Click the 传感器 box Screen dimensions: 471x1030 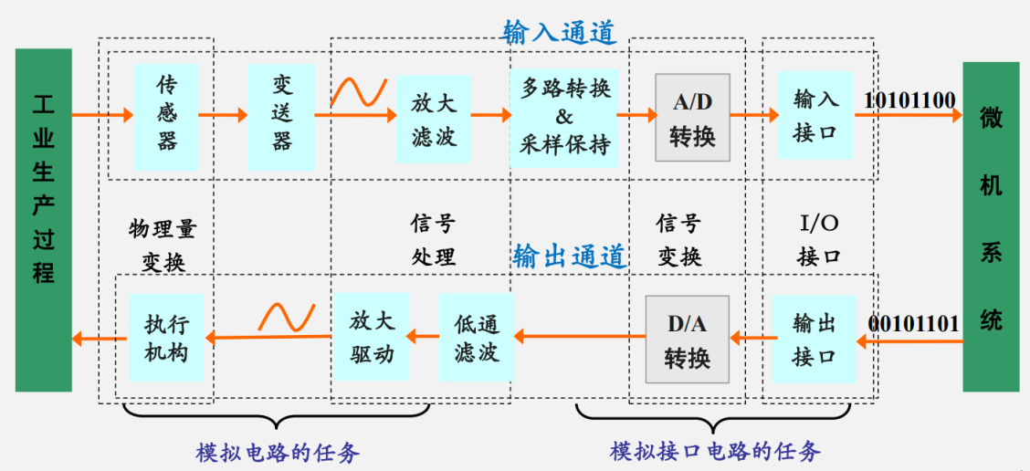[166, 114]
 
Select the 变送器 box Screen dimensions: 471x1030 [281, 114]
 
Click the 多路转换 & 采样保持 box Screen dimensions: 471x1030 [564, 116]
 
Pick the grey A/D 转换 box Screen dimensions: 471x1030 [692, 117]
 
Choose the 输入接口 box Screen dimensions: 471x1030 [815, 116]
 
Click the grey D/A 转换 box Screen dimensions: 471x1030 [687, 339]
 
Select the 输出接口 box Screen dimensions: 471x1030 [815, 338]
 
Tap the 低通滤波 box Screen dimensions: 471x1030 [476, 338]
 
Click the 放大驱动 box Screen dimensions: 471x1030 [371, 337]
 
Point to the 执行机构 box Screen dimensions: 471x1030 [166, 337]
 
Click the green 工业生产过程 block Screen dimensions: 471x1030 [43, 219]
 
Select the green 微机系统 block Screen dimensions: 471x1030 [991, 219]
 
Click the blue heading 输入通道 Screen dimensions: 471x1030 [560, 33]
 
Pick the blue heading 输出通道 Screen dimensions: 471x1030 [570, 256]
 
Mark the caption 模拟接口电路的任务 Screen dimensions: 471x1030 [715, 451]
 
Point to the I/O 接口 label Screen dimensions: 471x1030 [818, 239]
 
